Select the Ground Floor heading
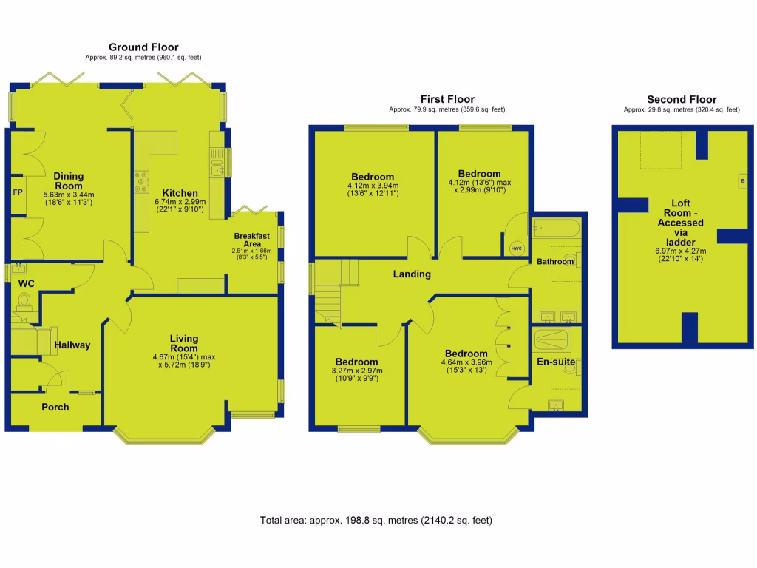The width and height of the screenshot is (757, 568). [143, 47]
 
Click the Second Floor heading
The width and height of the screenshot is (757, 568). [681, 99]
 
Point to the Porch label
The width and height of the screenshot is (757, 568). [55, 407]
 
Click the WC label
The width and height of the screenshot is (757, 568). [27, 284]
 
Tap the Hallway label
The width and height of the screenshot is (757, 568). [72, 345]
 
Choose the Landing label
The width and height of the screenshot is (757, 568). [412, 274]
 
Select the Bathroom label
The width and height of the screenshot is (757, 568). [554, 262]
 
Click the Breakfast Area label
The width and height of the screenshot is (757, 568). [253, 240]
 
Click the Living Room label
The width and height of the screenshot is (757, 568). [184, 343]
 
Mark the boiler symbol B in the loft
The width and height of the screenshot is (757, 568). [742, 181]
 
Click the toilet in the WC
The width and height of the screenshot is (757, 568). [24, 301]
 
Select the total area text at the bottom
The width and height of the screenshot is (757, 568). [376, 520]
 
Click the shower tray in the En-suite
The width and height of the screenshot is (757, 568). [551, 341]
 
